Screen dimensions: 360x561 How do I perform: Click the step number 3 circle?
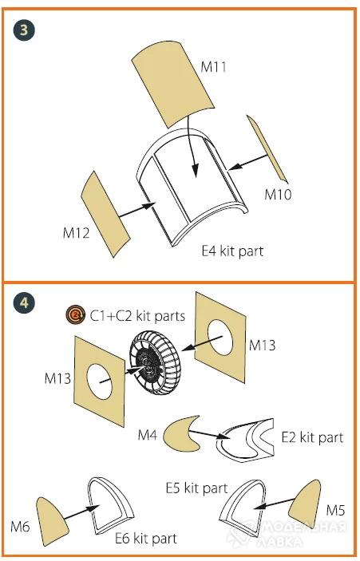[24, 30]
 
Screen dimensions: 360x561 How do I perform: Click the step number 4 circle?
[24, 302]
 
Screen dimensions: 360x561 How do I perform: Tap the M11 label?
[213, 67]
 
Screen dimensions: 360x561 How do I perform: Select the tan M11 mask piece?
[173, 84]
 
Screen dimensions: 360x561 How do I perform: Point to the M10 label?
[278, 195]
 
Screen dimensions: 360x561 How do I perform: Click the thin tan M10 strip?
[267, 148]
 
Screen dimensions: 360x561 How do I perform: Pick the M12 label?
[76, 233]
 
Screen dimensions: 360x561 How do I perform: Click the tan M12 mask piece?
[105, 214]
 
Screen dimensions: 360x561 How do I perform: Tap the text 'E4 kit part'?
[232, 251]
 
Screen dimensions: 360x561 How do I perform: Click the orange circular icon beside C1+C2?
[76, 315]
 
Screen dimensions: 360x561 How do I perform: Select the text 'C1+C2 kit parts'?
[137, 316]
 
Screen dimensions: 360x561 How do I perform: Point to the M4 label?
[148, 436]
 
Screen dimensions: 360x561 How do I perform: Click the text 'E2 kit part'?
[312, 437]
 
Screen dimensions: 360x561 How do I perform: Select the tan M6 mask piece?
[52, 521]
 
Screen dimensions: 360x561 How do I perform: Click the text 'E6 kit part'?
[145, 539]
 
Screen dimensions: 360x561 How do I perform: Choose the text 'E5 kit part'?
[196, 488]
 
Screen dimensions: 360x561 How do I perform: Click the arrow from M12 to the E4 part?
[136, 210]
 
